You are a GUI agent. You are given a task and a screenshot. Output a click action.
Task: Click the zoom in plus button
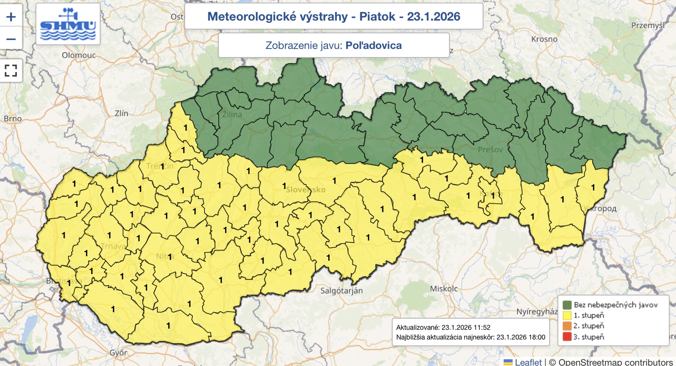coord(11,17)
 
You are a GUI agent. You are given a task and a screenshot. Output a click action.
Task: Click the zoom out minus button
coord(11,39)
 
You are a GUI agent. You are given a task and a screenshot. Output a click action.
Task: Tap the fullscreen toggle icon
coord(11,70)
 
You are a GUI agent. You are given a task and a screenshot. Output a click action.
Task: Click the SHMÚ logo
coord(68,24)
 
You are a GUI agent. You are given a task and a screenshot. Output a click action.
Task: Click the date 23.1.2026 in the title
coord(433,16)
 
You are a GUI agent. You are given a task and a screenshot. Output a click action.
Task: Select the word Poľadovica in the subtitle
coord(373,46)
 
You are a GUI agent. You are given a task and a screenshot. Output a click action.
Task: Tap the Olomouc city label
coord(79,55)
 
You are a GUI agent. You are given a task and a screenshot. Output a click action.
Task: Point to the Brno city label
coord(13,119)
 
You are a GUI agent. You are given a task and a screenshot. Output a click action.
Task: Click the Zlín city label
coord(121,113)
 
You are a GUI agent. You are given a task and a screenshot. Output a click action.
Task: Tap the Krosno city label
coord(544,39)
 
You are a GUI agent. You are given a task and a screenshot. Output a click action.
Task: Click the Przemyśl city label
coord(648,25)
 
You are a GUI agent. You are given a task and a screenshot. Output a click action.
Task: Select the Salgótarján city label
coord(341,291)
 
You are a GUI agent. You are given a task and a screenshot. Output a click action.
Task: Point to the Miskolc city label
coord(444,289)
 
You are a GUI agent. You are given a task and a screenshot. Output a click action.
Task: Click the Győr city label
coord(118,352)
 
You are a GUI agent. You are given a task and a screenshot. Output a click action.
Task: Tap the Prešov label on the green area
coord(490,149)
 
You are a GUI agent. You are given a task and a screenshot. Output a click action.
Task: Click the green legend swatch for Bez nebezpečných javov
coord(567,305)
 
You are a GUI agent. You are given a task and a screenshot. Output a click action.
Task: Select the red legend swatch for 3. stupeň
coord(567,337)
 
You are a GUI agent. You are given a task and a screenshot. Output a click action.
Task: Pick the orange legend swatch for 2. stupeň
coord(567,326)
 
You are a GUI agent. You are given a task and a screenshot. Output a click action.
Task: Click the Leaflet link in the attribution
coord(528,362)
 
